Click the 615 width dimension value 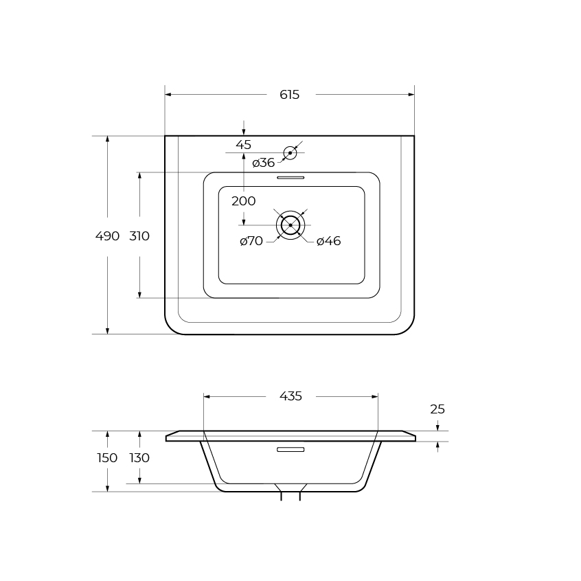click(289, 95)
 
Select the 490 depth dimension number click(107, 236)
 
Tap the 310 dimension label click(139, 236)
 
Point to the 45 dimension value click(243, 145)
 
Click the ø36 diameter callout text click(264, 163)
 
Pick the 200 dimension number click(243, 201)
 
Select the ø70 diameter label click(251, 241)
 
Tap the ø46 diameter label click(329, 241)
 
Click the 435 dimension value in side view click(291, 396)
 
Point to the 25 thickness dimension click(437, 409)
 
